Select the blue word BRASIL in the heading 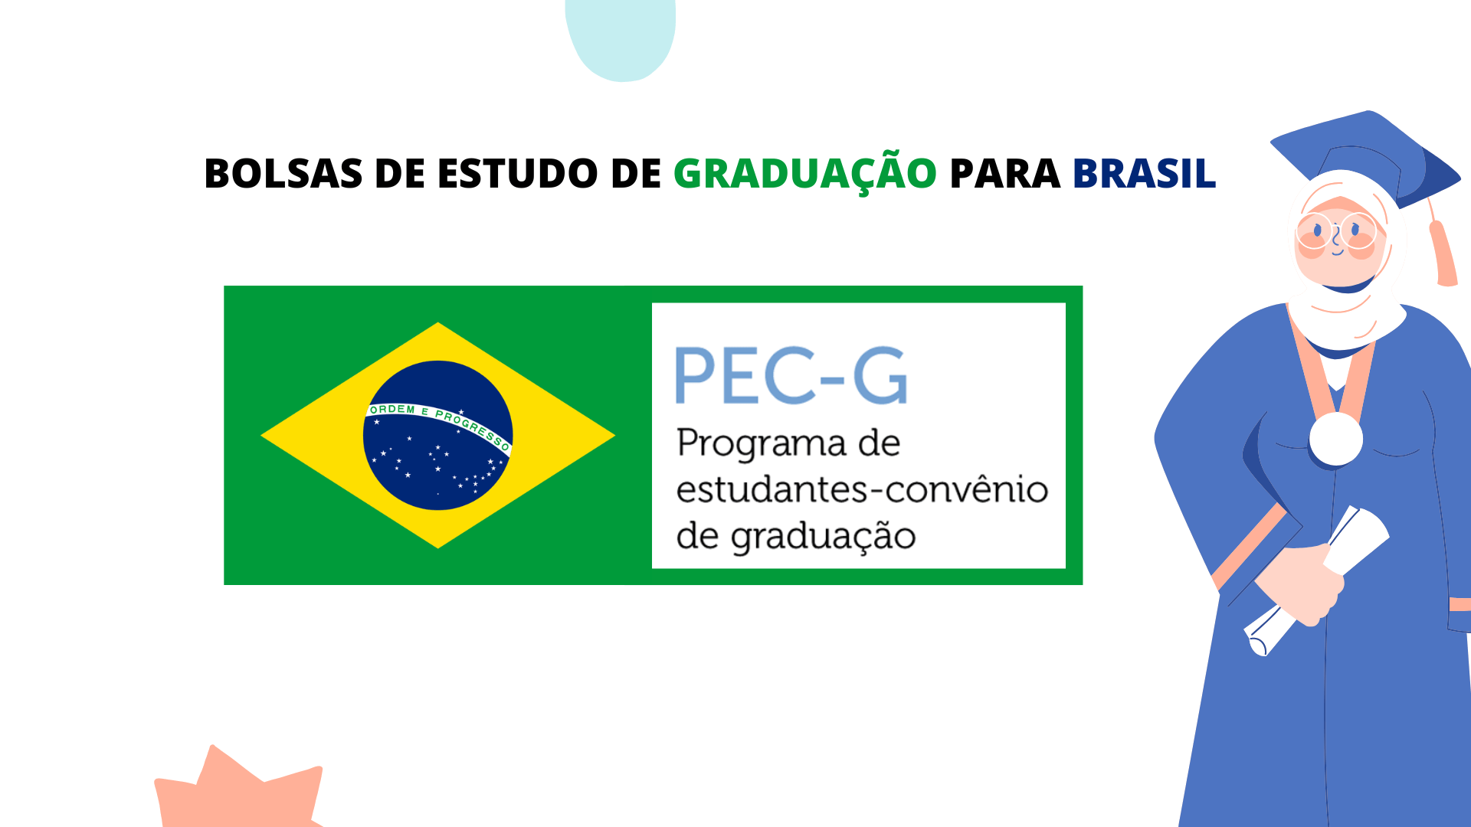click(x=1144, y=173)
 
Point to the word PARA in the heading click(x=1004, y=173)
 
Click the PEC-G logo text click(x=791, y=375)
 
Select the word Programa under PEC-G click(x=762, y=445)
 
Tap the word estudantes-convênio click(x=862, y=489)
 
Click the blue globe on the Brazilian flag click(x=437, y=435)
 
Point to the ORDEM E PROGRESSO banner click(x=438, y=423)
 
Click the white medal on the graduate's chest click(x=1335, y=439)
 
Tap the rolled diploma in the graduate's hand click(x=1315, y=580)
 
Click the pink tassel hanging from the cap click(x=1443, y=253)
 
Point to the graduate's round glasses click(x=1337, y=230)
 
